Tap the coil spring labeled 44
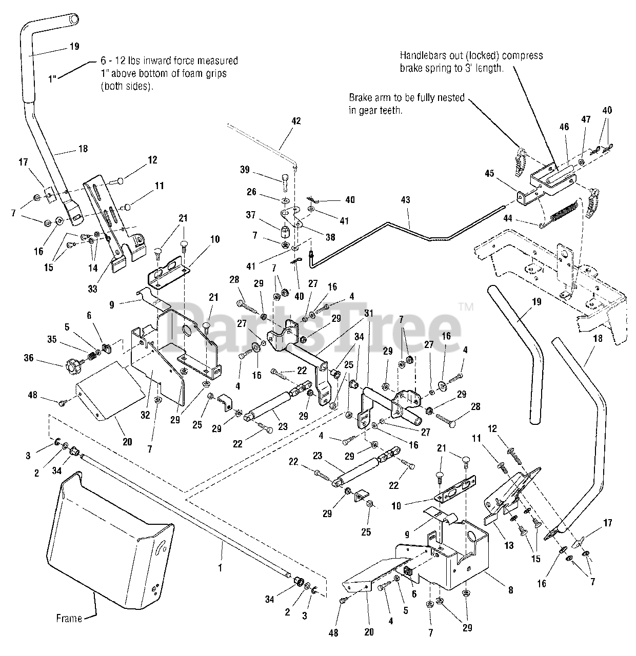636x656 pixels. tap(561, 213)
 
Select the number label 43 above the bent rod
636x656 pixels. tap(405, 200)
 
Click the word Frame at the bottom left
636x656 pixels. tap(69, 618)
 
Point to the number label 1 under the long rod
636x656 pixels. tap(220, 568)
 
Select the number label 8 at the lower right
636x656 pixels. tap(510, 589)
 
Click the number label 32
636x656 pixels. tap(145, 415)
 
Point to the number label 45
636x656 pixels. tap(489, 173)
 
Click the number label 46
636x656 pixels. tap(564, 127)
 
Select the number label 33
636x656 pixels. tap(92, 289)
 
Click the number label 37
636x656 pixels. tap(251, 215)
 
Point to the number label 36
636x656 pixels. tap(29, 357)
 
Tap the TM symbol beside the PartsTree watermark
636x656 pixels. tap(466, 307)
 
